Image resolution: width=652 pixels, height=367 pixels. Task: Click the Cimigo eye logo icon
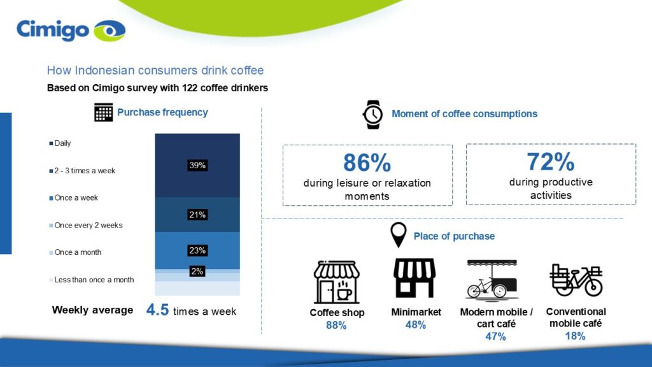click(x=110, y=31)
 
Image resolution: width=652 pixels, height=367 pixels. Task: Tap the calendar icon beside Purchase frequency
click(x=103, y=113)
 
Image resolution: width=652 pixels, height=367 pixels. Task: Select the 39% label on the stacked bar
click(x=197, y=166)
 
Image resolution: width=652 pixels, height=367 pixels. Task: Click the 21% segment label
click(x=197, y=215)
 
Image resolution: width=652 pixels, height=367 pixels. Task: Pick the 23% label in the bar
click(x=197, y=250)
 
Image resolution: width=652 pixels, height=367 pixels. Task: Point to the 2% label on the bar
click(x=197, y=271)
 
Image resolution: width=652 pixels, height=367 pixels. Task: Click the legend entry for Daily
click(x=60, y=143)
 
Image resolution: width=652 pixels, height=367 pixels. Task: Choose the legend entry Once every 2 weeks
click(x=86, y=225)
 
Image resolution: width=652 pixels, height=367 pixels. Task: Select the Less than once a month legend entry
click(x=92, y=280)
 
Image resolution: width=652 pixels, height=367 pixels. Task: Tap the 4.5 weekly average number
click(x=157, y=310)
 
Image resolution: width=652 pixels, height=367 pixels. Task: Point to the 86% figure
click(x=367, y=163)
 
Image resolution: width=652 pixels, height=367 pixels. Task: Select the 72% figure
click(x=551, y=162)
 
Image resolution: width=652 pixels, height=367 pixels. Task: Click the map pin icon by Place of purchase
click(x=399, y=235)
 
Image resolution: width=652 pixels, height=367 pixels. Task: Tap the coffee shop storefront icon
click(x=337, y=282)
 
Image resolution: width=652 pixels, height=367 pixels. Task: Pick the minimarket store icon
click(x=415, y=278)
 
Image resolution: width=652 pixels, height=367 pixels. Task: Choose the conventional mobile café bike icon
click(x=576, y=280)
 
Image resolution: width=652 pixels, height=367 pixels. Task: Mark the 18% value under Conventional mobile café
click(x=575, y=336)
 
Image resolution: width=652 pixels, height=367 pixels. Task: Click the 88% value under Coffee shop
click(x=336, y=326)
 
